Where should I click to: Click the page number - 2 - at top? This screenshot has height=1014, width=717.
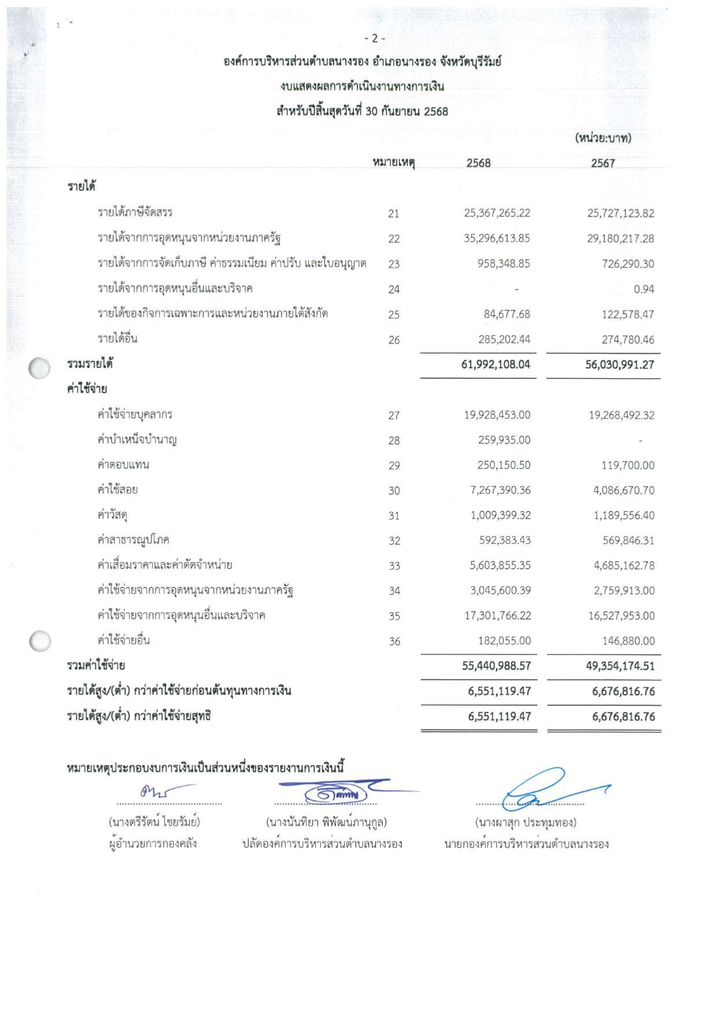375,39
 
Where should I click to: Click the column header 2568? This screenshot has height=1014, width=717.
478,163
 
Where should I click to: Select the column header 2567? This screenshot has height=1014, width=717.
603,163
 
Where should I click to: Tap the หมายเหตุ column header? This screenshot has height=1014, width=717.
394,162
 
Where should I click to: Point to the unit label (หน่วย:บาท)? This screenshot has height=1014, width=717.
603,138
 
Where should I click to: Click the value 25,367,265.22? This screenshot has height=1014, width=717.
496,213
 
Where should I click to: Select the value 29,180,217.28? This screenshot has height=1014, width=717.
621,238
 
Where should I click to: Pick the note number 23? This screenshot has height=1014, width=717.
394,264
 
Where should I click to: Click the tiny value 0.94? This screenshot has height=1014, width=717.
644,289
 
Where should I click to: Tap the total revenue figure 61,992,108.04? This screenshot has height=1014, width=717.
495,364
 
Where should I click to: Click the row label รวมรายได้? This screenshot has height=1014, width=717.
89,364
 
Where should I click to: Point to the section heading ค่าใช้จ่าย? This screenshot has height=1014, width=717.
87,389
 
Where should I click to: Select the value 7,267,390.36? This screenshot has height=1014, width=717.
500,490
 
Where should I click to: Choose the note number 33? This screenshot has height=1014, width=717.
394,566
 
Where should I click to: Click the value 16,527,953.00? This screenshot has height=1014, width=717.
621,616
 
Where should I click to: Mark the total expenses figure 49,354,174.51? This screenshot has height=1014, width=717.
620,666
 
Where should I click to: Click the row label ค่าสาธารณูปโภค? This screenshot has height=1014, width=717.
133,540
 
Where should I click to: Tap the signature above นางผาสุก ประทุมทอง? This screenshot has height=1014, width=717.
543,789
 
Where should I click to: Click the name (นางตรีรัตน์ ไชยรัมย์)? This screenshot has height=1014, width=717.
154,822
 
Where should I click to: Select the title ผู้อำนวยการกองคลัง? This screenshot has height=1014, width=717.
153,844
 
